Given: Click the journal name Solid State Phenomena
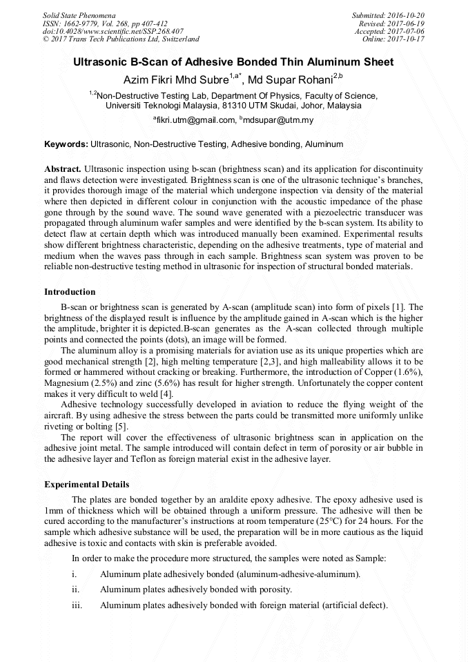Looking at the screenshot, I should [x=79, y=14].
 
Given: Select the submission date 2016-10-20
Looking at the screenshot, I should [x=409, y=14].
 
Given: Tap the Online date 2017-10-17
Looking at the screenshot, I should [x=409, y=39].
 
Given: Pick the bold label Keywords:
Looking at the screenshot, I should [x=66, y=144].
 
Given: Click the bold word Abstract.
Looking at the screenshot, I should [x=63, y=169].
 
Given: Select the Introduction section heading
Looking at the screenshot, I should [x=70, y=292].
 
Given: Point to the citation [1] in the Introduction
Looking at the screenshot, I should [x=398, y=306].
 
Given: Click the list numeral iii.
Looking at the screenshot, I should [x=77, y=605].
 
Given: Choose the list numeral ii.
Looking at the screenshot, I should [x=76, y=590].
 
